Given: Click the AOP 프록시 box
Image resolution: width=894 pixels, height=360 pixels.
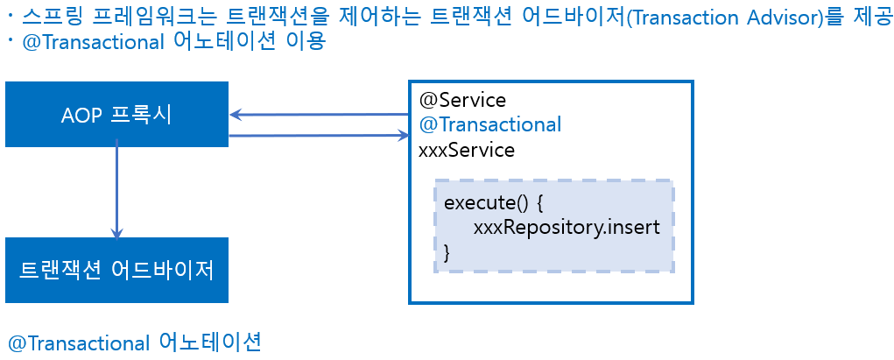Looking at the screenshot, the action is [x=116, y=114].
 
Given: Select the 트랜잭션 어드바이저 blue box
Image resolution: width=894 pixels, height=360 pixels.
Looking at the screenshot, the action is [x=116, y=270].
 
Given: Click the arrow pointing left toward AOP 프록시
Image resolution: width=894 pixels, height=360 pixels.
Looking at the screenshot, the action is [x=320, y=115].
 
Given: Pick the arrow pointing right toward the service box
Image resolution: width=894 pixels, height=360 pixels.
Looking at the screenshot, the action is [x=320, y=136].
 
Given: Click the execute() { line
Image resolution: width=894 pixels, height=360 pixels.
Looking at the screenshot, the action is [x=494, y=203].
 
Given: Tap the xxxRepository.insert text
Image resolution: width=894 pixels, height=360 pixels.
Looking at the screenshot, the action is [x=566, y=228].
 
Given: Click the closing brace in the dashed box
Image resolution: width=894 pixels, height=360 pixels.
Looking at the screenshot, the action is [x=448, y=252].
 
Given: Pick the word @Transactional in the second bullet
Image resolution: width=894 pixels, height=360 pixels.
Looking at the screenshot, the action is [x=88, y=43].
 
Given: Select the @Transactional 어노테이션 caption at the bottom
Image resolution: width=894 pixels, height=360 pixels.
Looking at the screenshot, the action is [x=134, y=342].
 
